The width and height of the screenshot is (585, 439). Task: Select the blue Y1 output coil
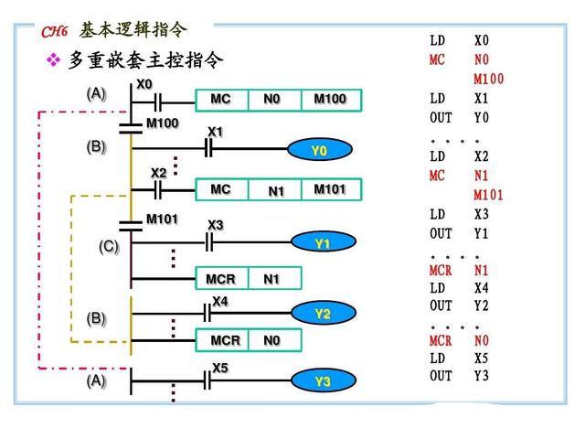[322, 243]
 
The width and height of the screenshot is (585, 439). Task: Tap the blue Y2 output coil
[322, 314]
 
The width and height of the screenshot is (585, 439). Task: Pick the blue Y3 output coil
[322, 381]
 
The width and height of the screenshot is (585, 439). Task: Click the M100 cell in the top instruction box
[330, 99]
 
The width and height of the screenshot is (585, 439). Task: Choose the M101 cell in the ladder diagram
[330, 189]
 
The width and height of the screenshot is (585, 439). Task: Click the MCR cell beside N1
[220, 277]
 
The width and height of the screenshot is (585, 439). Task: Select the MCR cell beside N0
[225, 340]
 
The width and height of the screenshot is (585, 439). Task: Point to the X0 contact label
[144, 84]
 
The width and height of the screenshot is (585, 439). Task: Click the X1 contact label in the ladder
[215, 132]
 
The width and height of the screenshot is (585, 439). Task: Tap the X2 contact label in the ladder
[159, 173]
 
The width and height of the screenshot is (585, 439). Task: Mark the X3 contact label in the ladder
[215, 224]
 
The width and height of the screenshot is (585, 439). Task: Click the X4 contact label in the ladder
[220, 300]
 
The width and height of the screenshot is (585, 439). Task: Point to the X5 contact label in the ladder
[220, 368]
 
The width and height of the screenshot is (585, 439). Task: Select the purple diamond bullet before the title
[53, 60]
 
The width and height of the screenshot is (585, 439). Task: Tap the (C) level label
[109, 247]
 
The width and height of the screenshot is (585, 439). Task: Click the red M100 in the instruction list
[489, 79]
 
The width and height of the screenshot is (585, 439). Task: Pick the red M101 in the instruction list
[489, 195]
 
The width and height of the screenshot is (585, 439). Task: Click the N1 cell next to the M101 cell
[277, 190]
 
